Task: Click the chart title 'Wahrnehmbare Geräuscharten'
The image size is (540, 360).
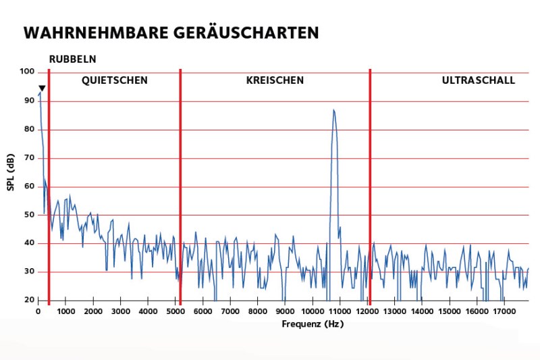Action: pos(170,33)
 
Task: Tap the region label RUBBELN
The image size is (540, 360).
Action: pos(72,59)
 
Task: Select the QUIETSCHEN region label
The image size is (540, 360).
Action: pos(115,80)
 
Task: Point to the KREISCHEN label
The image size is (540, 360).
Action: pos(275,80)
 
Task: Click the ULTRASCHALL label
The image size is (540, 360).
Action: pos(478,80)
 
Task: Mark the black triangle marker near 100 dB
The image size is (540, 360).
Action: pos(42,88)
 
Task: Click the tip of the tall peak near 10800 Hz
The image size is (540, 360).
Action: pos(333,109)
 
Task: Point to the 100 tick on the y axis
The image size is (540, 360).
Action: pos(27,72)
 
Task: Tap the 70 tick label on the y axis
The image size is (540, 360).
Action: pos(29,157)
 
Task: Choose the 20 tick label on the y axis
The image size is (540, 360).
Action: pos(29,300)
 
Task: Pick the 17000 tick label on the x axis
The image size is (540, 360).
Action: pos(504,311)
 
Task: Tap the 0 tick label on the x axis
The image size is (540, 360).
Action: pos(38,311)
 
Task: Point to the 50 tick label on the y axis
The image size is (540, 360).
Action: pos(29,215)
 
